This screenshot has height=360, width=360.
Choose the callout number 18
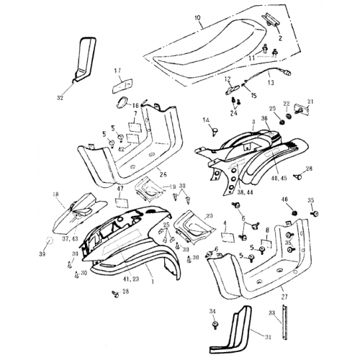coord(55,194)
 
